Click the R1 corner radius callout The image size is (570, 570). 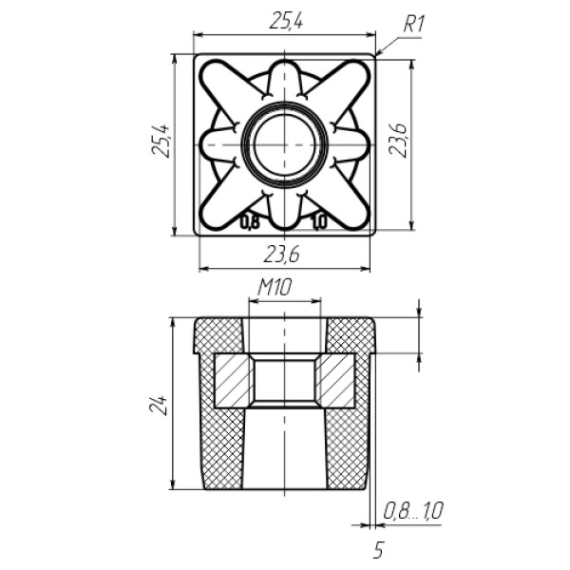[413, 25]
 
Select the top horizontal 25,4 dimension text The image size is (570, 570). [286, 22]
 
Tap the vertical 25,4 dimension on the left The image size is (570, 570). [161, 141]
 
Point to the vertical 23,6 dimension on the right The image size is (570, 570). [398, 140]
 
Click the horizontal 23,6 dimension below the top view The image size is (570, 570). [281, 254]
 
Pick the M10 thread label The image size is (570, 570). [275, 288]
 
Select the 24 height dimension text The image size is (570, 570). [158, 405]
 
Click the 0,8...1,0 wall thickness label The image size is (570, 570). [413, 511]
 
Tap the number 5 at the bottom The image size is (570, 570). [378, 550]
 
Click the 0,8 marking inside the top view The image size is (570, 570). [250, 222]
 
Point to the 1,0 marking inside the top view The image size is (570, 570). [319, 222]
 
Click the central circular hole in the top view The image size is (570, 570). [285, 144]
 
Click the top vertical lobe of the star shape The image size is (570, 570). [285, 81]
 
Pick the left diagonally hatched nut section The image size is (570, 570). [233, 381]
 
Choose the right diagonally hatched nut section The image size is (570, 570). [335, 381]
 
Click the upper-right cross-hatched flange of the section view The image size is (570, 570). [350, 336]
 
